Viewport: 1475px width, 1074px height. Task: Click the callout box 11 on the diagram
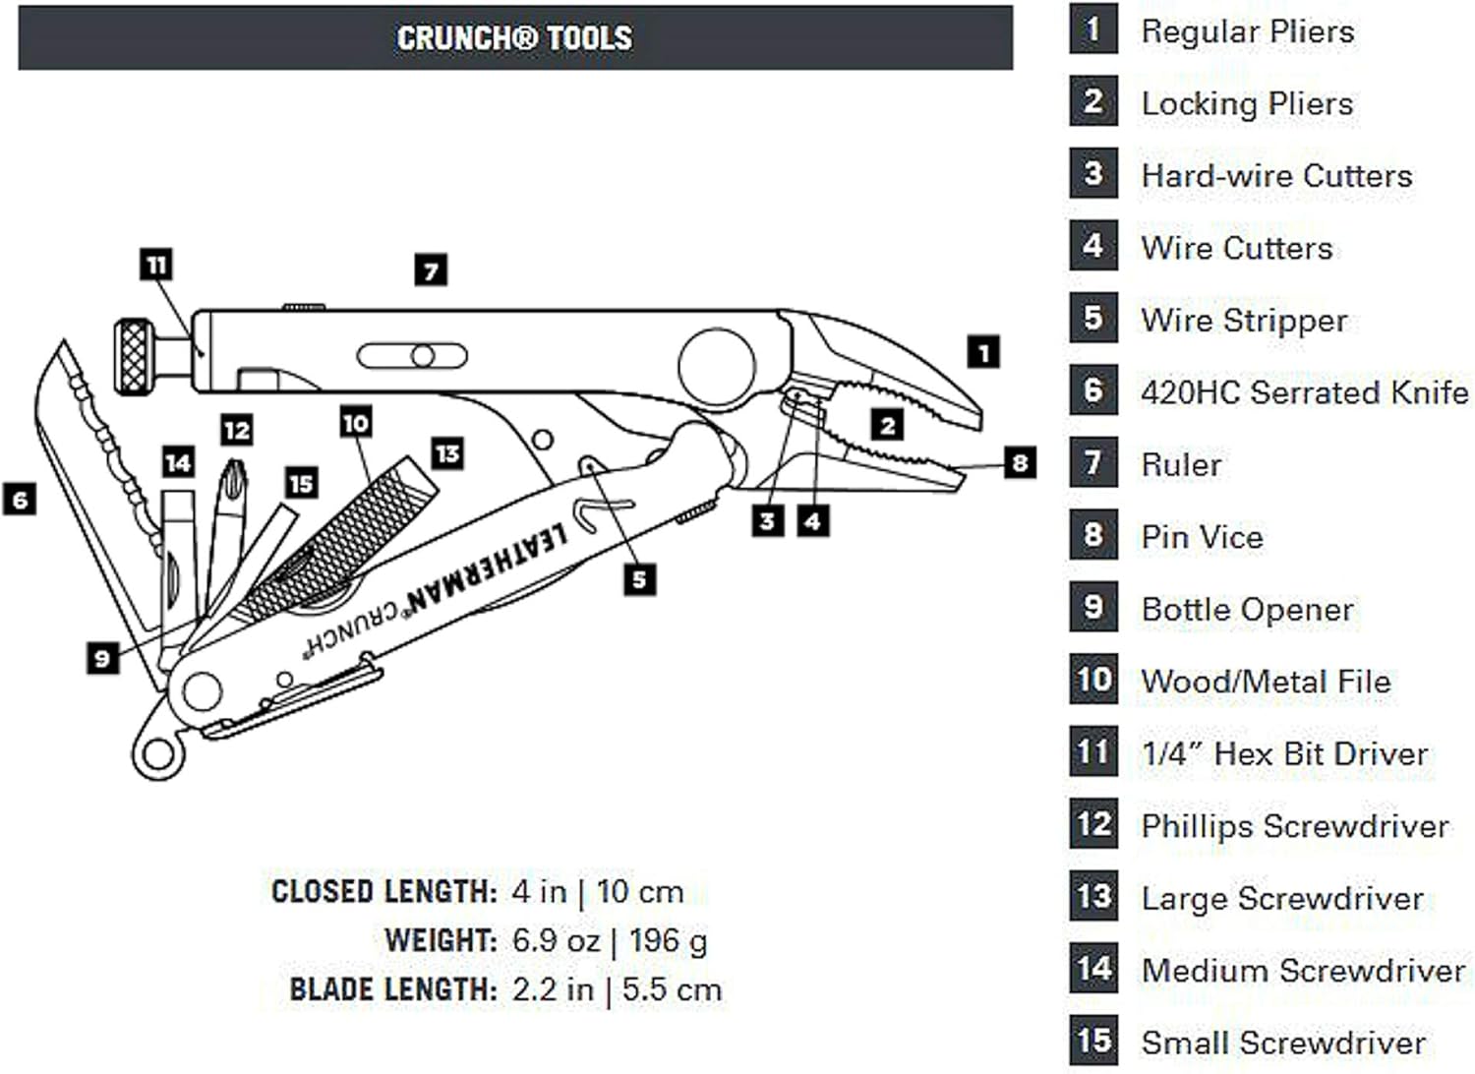pyautogui.click(x=156, y=265)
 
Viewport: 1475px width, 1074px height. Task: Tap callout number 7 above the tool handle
pyautogui.click(x=431, y=269)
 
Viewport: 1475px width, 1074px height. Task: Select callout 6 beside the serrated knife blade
pyautogui.click(x=20, y=500)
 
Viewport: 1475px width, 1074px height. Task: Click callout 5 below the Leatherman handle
pyautogui.click(x=639, y=579)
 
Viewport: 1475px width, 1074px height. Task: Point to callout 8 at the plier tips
pyautogui.click(x=1020, y=462)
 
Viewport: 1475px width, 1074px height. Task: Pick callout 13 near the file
pyautogui.click(x=447, y=453)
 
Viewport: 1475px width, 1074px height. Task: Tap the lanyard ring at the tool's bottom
pyautogui.click(x=157, y=755)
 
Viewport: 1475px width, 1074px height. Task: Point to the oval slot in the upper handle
pyautogui.click(x=412, y=356)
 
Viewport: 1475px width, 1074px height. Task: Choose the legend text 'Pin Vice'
pyautogui.click(x=1202, y=537)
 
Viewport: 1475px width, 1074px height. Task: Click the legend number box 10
pyautogui.click(x=1093, y=680)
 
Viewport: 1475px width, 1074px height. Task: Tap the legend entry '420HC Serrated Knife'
pyautogui.click(x=1304, y=392)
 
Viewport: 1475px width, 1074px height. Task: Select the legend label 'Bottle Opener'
pyautogui.click(x=1247, y=610)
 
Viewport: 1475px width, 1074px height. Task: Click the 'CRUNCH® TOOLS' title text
pyautogui.click(x=514, y=38)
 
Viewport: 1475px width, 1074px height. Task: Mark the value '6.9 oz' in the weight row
pyautogui.click(x=556, y=940)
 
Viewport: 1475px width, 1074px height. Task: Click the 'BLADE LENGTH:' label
pyautogui.click(x=393, y=989)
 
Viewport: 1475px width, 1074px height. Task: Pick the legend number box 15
pyautogui.click(x=1093, y=1041)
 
